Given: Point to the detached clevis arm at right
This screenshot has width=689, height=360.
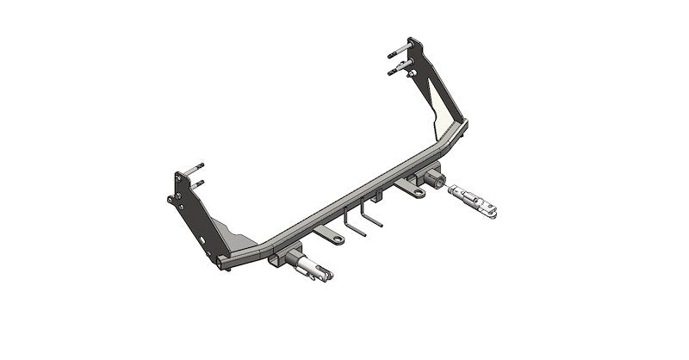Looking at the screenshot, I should [476, 196].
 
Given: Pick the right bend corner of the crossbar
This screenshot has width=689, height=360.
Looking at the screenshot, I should [463, 129].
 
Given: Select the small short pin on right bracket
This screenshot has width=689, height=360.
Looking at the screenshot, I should [411, 77].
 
